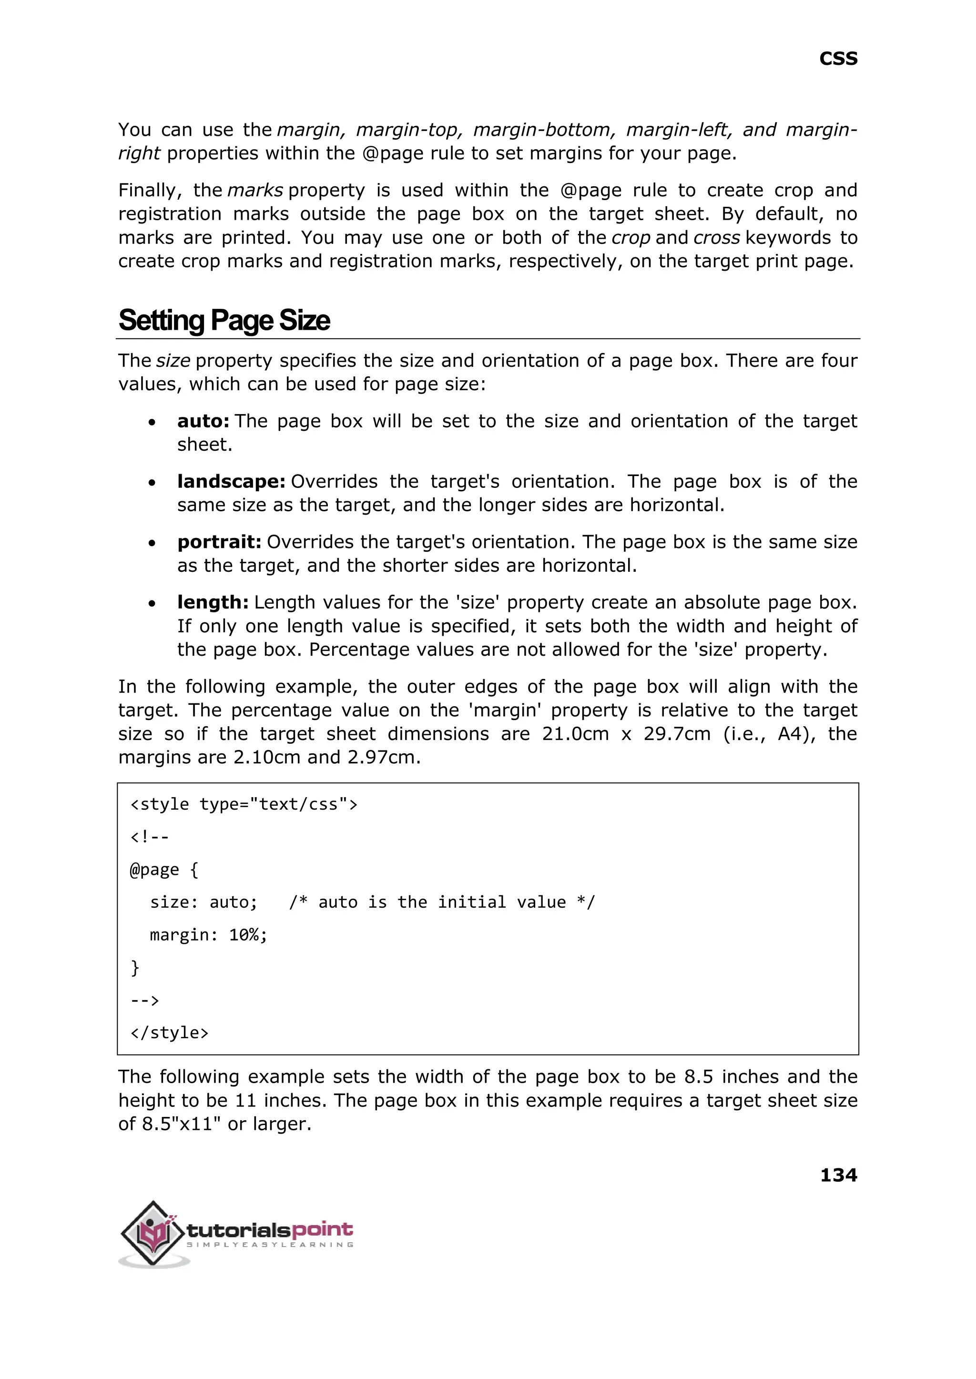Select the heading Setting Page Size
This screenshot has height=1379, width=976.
(224, 320)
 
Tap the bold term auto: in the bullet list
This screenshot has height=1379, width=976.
(203, 421)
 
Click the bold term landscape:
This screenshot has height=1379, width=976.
(231, 481)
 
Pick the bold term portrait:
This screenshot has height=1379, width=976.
(219, 542)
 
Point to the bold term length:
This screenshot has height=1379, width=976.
(212, 602)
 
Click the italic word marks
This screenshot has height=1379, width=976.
(255, 191)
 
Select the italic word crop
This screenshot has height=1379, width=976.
(630, 238)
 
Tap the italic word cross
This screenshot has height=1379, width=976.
(716, 238)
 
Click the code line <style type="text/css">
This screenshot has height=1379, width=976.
(244, 804)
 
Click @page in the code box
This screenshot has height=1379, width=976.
(154, 870)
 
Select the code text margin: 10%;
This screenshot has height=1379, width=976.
(208, 935)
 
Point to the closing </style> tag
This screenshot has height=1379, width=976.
(169, 1033)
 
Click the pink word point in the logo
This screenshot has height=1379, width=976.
(322, 1229)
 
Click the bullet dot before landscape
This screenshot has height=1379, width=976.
(152, 483)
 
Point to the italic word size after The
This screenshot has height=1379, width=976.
(173, 361)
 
